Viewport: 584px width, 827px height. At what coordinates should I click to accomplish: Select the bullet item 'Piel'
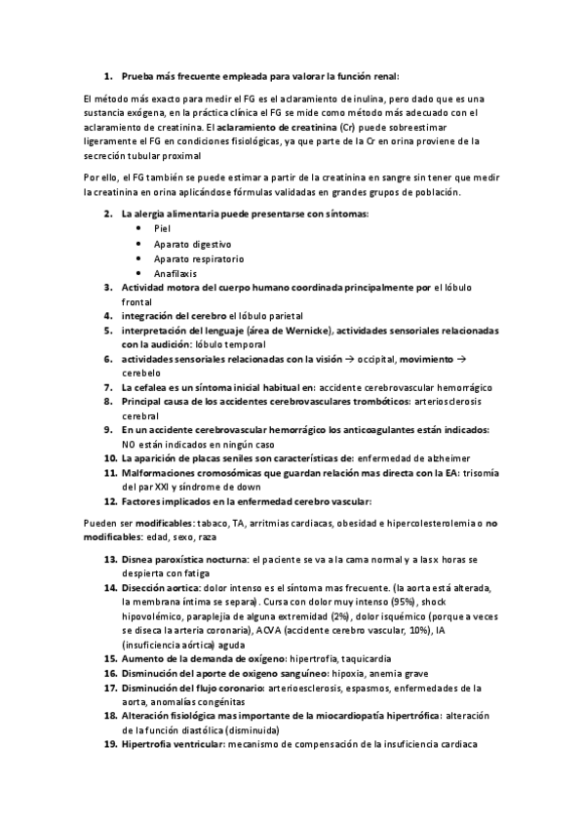coord(162,228)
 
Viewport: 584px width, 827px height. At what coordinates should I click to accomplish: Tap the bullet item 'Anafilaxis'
coord(175,273)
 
